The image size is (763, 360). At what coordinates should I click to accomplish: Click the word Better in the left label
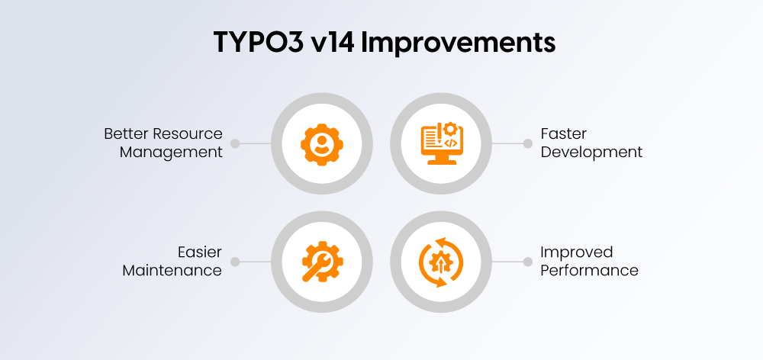tap(126, 134)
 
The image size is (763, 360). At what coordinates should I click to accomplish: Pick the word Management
tap(171, 152)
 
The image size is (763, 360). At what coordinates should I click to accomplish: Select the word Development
tap(591, 152)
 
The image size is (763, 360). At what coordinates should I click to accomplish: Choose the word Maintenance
tap(172, 270)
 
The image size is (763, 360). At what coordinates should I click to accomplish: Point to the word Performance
tap(589, 270)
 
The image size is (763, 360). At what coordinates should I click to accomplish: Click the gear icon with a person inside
tap(323, 143)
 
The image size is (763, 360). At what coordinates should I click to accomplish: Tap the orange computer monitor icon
tap(440, 143)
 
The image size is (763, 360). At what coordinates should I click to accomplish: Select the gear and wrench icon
tap(323, 262)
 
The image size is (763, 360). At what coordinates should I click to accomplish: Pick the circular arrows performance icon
tap(440, 262)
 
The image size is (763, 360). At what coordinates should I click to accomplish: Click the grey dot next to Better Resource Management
tap(235, 143)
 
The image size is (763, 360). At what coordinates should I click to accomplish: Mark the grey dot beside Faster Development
tap(527, 143)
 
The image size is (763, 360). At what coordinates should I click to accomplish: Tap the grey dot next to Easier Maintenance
tap(235, 262)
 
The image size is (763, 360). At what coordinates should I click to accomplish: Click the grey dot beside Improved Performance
tap(527, 262)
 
